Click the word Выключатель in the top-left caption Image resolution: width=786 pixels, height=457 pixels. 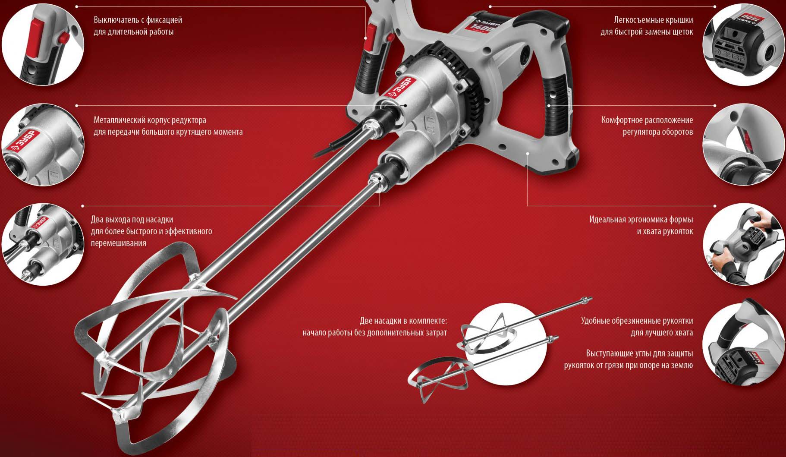point(116,20)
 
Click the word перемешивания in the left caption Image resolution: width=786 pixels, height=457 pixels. point(118,243)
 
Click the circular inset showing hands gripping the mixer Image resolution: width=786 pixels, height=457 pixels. point(744,245)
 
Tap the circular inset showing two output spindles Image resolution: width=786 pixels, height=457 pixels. point(43,244)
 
